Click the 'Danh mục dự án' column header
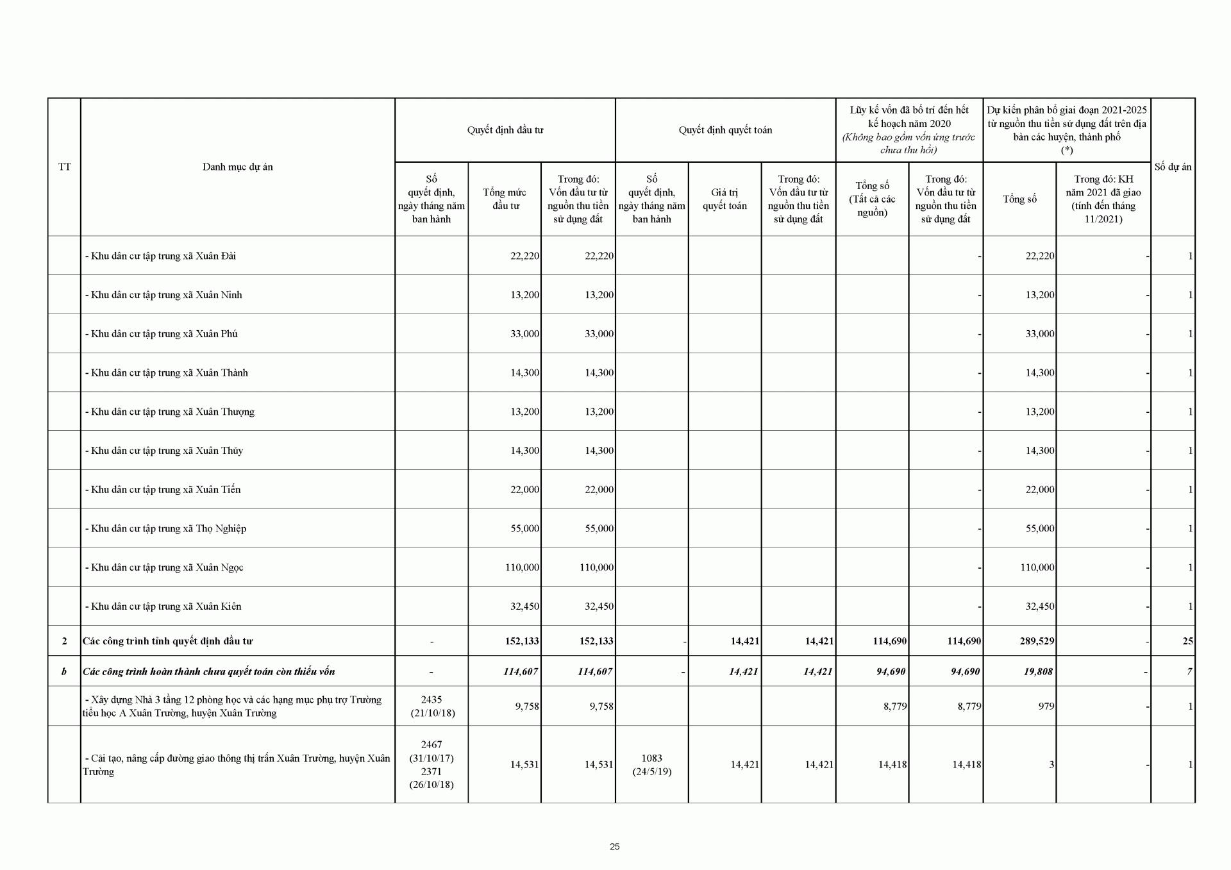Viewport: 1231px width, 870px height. pyautogui.click(x=237, y=167)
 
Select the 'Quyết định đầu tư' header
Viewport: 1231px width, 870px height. pyautogui.click(x=505, y=130)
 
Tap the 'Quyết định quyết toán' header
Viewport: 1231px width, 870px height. pyautogui.click(x=725, y=130)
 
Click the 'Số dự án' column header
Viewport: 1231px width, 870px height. pyautogui.click(x=1173, y=167)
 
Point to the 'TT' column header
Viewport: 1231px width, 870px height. pyautogui.click(x=64, y=167)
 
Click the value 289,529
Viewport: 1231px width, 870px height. pyautogui.click(x=1037, y=641)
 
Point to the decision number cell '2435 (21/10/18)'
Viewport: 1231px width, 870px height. pyautogui.click(x=431, y=706)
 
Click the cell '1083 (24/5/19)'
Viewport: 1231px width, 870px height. pyautogui.click(x=651, y=764)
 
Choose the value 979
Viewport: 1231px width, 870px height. pyautogui.click(x=1046, y=707)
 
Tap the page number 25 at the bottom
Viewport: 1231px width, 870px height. pyautogui.click(x=615, y=846)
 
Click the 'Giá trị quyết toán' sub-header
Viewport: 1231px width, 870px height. pyautogui.click(x=724, y=199)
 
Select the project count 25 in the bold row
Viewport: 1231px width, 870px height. pyautogui.click(x=1187, y=641)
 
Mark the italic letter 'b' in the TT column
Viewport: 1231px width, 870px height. pyautogui.click(x=64, y=672)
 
